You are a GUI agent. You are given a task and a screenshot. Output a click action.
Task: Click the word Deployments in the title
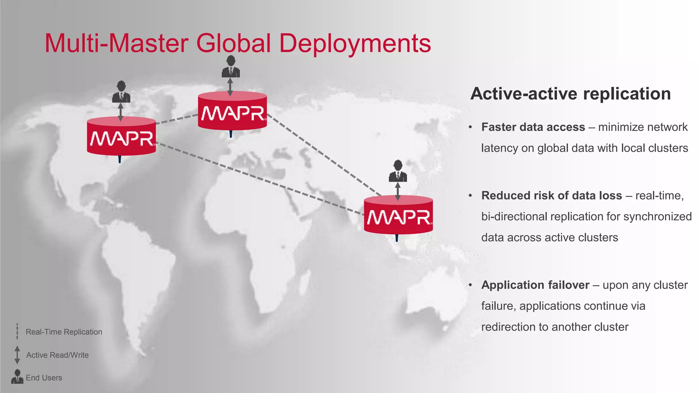click(355, 44)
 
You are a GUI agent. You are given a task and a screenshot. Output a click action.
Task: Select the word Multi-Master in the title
click(116, 44)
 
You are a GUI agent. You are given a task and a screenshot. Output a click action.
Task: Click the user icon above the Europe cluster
click(231, 67)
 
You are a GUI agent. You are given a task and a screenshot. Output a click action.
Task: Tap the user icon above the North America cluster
click(121, 92)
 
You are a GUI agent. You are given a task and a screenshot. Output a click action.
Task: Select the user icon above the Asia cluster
click(398, 171)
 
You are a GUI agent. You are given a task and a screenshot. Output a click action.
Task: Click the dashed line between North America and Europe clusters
click(177, 119)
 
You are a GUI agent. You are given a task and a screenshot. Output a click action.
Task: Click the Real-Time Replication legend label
click(64, 332)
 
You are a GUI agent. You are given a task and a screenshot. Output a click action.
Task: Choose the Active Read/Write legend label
click(57, 355)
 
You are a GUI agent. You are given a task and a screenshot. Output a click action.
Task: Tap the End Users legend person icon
click(17, 377)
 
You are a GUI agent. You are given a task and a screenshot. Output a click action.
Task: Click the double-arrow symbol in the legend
click(17, 355)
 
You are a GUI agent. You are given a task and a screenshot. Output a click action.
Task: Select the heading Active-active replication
click(570, 94)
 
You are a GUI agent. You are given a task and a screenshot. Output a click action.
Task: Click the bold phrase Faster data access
click(533, 127)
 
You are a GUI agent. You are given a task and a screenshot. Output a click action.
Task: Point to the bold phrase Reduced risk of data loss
click(552, 196)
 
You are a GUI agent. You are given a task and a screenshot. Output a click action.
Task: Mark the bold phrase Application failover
click(535, 285)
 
